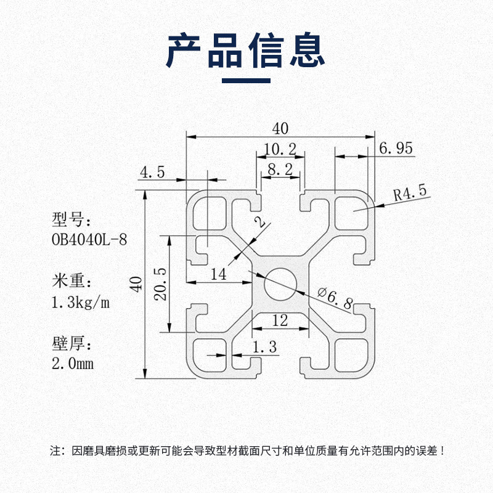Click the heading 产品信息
(246, 50)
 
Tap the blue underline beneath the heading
(246, 80)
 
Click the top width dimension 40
(280, 129)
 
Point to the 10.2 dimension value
(280, 149)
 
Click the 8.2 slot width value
(280, 169)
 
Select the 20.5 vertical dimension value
(161, 283)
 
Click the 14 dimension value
(219, 274)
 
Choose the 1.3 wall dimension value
(265, 349)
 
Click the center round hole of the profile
(280, 283)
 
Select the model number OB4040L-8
(90, 238)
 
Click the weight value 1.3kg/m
(81, 302)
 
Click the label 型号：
(71, 219)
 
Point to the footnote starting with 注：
(246, 450)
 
